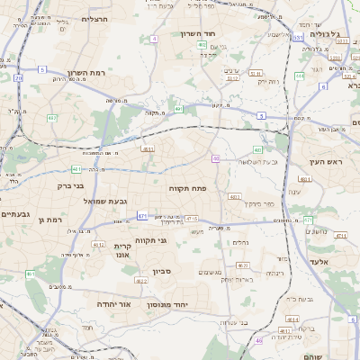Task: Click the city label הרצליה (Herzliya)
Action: [x=94, y=18]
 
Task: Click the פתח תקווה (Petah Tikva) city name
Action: [x=188, y=188]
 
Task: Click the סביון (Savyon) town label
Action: [x=162, y=270]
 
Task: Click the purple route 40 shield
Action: [x=216, y=158]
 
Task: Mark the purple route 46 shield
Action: [x=259, y=340]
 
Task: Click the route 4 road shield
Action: [x=155, y=39]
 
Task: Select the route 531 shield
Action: [x=298, y=37]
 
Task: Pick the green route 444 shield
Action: [x=293, y=319]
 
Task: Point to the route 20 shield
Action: [x=18, y=77]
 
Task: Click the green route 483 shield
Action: [x=258, y=149]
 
